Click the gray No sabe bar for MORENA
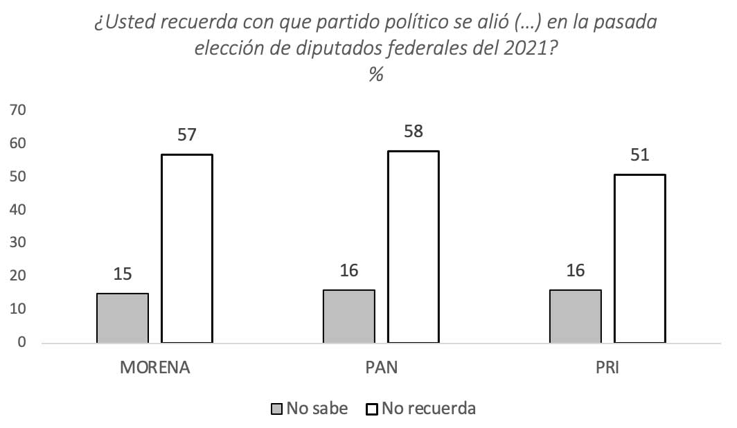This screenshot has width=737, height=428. point(122,318)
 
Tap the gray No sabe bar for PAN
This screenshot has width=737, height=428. point(348,316)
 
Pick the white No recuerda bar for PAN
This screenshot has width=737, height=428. point(413,247)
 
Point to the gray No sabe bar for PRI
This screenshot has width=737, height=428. point(575,316)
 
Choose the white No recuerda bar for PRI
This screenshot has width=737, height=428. point(639,258)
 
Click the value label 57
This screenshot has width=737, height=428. point(187,134)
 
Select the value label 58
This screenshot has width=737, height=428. point(413,131)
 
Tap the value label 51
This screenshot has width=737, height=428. point(639,154)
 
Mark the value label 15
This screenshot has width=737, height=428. point(122,274)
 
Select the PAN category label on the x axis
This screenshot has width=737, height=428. point(381,367)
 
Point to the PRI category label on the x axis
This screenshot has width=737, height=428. point(607,367)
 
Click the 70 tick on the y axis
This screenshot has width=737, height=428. point(18,110)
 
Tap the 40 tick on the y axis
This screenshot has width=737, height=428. point(18,210)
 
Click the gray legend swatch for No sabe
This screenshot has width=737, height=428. point(277,409)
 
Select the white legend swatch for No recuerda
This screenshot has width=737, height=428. point(371,409)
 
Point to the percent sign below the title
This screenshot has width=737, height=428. point(376,75)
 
